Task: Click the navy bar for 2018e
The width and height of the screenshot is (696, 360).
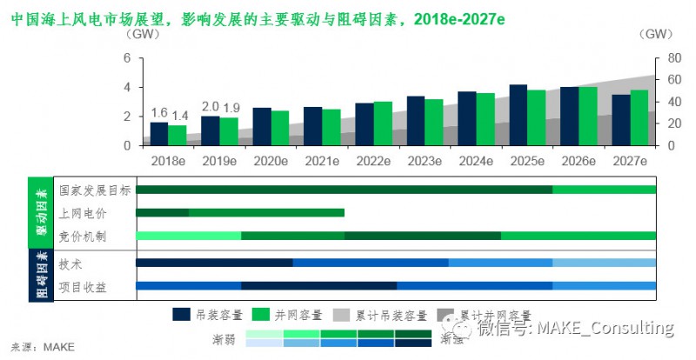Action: (x=159, y=134)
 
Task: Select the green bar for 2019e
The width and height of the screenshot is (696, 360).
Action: (x=229, y=131)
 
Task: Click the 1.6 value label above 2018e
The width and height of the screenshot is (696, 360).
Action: (x=159, y=113)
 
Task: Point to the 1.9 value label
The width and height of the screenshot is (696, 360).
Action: (x=231, y=108)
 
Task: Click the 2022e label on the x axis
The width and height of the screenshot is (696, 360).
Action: (x=372, y=162)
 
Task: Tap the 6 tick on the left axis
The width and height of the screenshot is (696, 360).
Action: (x=127, y=58)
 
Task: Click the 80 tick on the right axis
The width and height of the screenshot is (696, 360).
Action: (x=664, y=58)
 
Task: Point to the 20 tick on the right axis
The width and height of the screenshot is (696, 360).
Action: (x=664, y=123)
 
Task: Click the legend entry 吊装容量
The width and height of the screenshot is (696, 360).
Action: (x=207, y=315)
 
